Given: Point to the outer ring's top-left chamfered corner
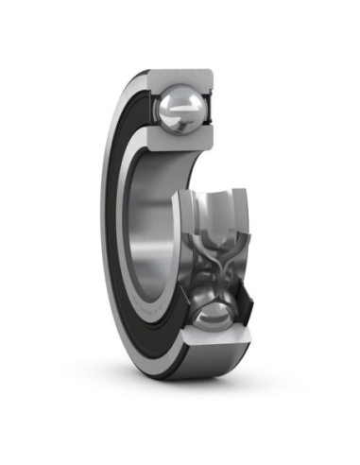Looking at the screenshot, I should (x=142, y=73).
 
